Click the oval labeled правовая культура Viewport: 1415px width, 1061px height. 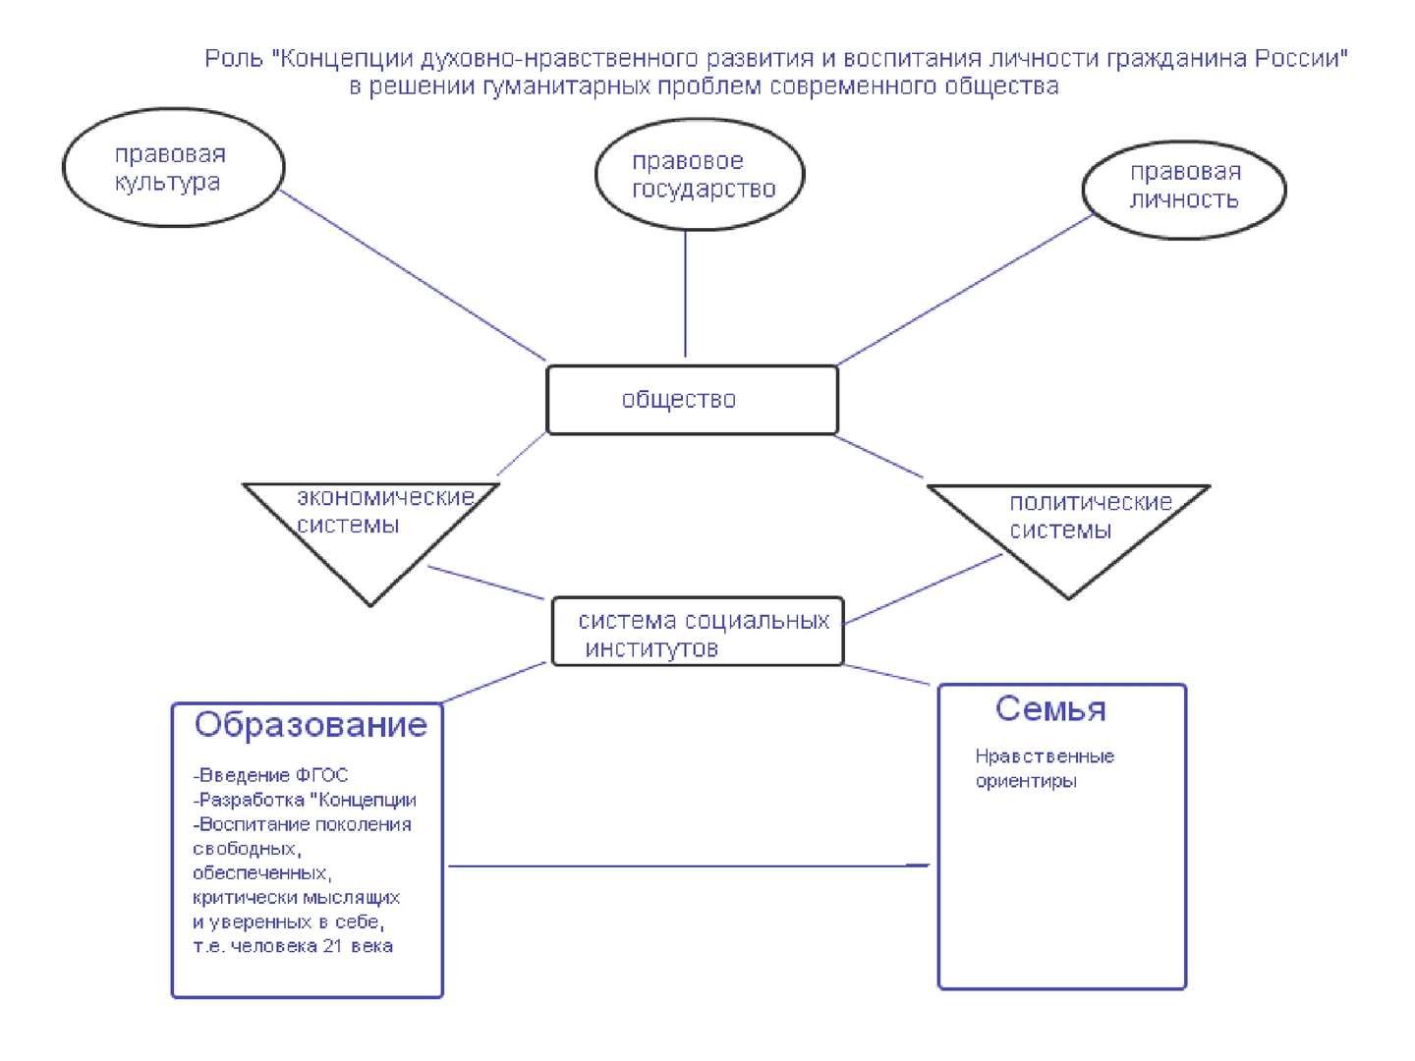(x=173, y=168)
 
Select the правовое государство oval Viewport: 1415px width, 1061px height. (x=700, y=175)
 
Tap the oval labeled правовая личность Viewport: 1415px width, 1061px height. (x=1183, y=187)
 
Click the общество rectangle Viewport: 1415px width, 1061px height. (x=692, y=400)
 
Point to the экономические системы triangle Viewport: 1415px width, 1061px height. (x=371, y=530)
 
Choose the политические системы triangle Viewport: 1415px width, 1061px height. (x=1067, y=530)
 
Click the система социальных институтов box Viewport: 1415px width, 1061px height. (x=698, y=633)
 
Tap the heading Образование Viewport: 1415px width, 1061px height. (x=311, y=725)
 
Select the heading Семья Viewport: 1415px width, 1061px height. (x=1049, y=708)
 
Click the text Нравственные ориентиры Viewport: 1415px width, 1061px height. (x=1044, y=769)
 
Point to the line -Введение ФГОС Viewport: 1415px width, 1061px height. (x=271, y=775)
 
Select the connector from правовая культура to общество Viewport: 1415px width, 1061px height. (x=413, y=275)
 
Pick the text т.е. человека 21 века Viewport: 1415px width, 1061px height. (x=293, y=946)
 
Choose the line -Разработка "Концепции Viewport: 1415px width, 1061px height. (x=305, y=800)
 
